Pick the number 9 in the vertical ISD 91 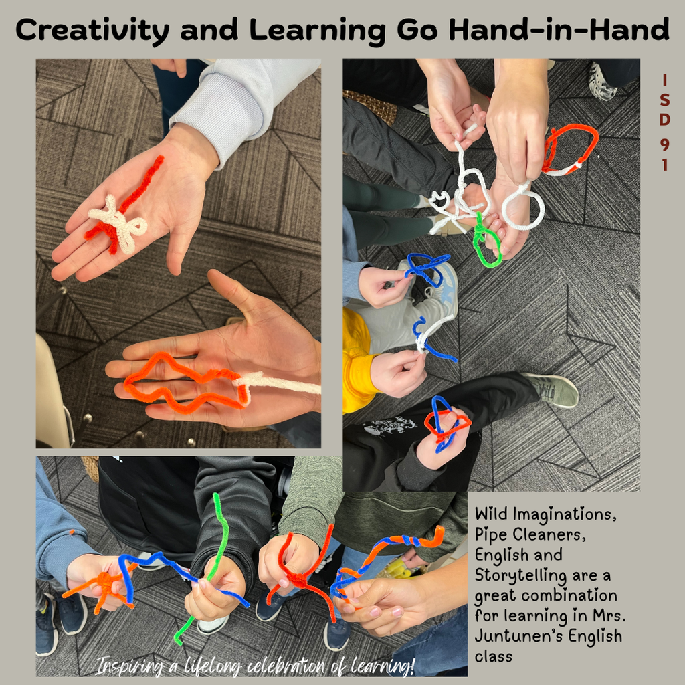pos(664,142)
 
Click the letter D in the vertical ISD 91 pos(664,121)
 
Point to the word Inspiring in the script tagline pos(128,666)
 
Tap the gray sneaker pos(552,389)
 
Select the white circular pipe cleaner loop pos(523,207)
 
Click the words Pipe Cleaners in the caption pos(518,535)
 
